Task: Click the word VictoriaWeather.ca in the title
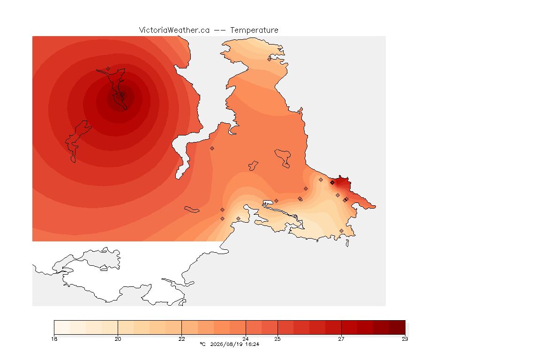tap(174, 30)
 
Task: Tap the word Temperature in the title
tap(254, 30)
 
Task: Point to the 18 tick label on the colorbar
tap(54, 339)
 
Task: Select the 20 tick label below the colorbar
tap(118, 339)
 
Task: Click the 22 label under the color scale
tap(181, 339)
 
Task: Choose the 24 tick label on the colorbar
tap(246, 339)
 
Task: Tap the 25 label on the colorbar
tap(277, 339)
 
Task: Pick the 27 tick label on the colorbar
tap(341, 339)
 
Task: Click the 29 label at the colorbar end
tap(405, 339)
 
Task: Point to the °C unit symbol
tap(203, 344)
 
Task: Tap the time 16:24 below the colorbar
tap(252, 344)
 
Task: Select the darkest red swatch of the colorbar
tap(397, 327)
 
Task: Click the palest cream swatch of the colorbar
tap(62, 327)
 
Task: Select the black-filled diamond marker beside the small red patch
tap(332, 183)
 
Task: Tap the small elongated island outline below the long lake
tap(192, 210)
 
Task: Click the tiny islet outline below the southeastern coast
tap(347, 243)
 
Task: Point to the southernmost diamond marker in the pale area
tap(341, 231)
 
